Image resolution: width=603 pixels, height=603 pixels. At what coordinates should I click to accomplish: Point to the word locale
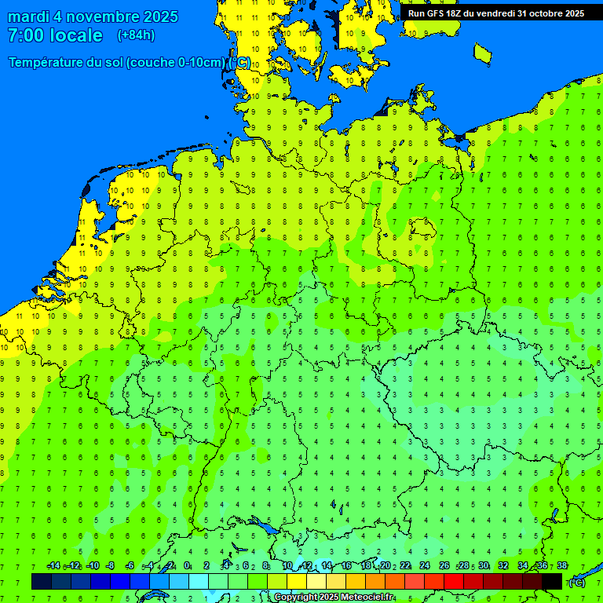[76, 35]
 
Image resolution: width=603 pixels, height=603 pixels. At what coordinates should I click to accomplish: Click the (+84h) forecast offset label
[136, 35]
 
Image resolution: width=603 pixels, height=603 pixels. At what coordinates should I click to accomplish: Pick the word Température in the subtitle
[48, 63]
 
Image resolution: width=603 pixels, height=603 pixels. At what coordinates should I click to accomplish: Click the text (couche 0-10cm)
[177, 63]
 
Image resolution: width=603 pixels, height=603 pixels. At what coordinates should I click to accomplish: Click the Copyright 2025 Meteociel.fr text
[333, 598]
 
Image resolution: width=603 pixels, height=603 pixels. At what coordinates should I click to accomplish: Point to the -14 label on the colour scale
[53, 566]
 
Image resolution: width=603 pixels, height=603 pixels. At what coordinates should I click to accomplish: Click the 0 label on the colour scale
[187, 566]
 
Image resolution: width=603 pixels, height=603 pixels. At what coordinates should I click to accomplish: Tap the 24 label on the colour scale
[425, 566]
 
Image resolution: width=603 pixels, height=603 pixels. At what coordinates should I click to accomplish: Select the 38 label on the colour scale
[562, 566]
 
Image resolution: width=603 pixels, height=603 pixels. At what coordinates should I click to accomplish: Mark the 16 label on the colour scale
[345, 566]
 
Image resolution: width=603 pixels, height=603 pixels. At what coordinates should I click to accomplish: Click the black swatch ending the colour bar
[552, 581]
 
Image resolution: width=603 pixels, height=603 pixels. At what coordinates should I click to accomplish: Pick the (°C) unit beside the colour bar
[577, 582]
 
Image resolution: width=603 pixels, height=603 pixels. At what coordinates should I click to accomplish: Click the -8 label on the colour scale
[111, 566]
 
